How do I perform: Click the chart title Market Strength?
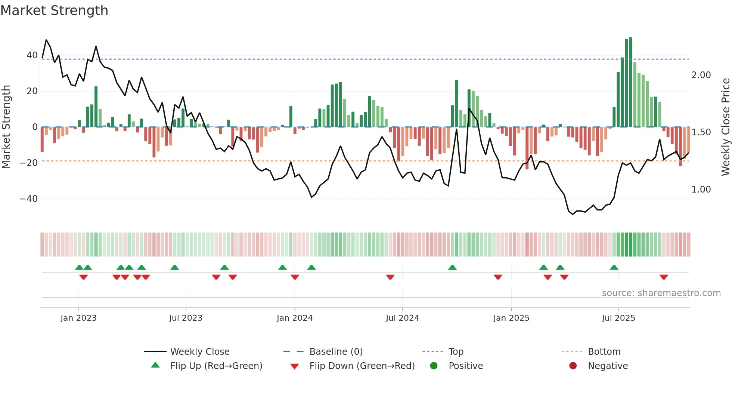pos(54,10)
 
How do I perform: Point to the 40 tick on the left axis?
pos(32,55)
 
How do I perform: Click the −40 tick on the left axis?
pos(29,199)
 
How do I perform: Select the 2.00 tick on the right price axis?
pos(701,75)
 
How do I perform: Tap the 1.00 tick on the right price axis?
pos(701,190)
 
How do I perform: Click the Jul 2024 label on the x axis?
pos(402,318)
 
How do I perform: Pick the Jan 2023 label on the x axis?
pos(78,318)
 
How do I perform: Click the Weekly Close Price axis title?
pos(725,127)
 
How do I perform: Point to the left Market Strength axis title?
pos(6,127)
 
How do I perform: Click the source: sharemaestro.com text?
pos(661,293)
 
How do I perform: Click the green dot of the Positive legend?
pos(434,366)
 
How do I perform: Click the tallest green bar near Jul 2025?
pos(630,82)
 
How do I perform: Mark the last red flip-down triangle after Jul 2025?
pos(664,277)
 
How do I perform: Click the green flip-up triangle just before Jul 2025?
pos(614,267)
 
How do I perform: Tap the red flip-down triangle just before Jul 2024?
pos(390,277)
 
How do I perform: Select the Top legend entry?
pos(456,352)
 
